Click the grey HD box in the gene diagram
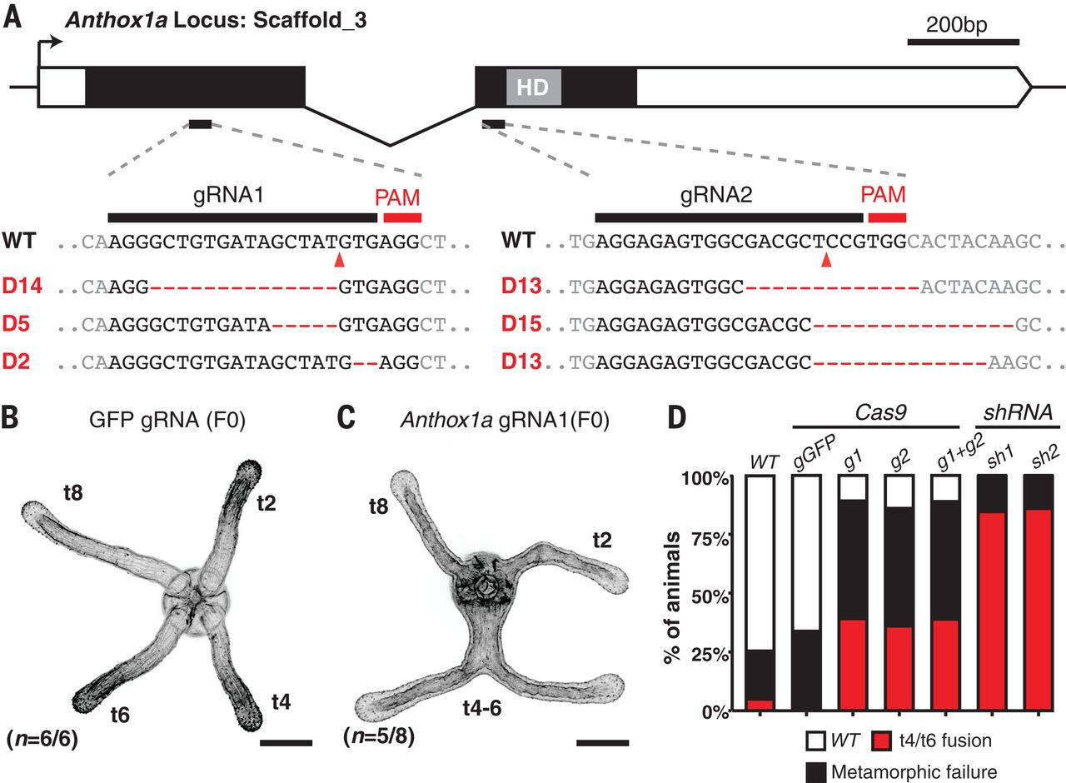click(x=534, y=87)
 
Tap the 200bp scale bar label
click(x=957, y=24)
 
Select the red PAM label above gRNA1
click(x=402, y=198)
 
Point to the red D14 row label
click(x=22, y=287)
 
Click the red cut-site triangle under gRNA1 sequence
click(x=339, y=262)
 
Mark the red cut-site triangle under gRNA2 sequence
click(x=825, y=262)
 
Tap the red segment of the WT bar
click(x=760, y=706)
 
